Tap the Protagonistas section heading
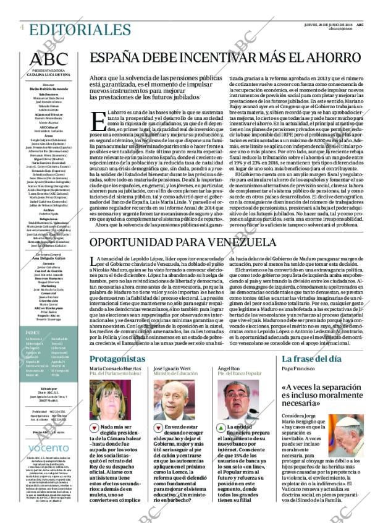[117, 359]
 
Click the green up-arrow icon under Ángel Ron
[220, 428]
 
